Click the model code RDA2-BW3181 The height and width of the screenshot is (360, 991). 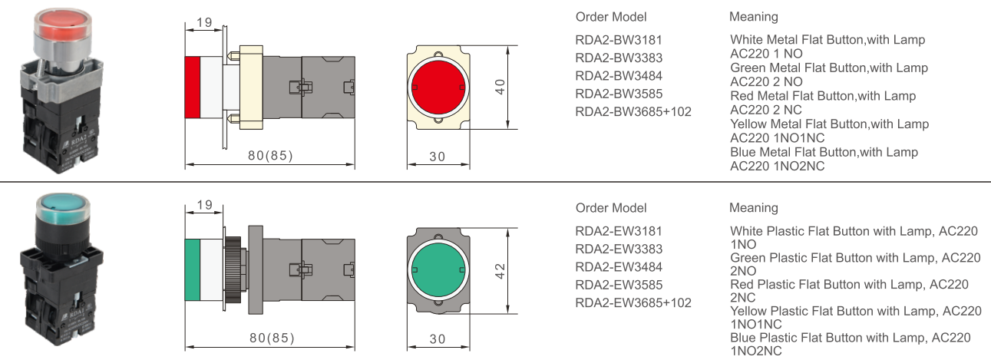click(x=619, y=40)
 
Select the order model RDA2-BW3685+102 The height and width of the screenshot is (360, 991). click(x=633, y=111)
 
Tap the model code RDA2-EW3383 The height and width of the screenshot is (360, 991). click(x=619, y=249)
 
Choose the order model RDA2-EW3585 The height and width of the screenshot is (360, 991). click(x=619, y=285)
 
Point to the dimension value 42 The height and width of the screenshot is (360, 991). click(x=500, y=271)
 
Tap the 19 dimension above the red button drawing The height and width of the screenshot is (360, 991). click(x=204, y=22)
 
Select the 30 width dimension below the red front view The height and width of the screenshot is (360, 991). click(x=438, y=156)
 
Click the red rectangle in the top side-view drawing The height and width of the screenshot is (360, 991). click(x=192, y=87)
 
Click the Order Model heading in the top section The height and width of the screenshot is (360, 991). click(x=611, y=17)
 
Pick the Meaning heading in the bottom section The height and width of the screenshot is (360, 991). click(x=753, y=208)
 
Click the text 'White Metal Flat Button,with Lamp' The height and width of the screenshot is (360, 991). click(x=827, y=39)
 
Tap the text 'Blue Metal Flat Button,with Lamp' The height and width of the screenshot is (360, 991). click(x=824, y=152)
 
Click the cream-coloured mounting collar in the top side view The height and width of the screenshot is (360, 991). click(x=251, y=86)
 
